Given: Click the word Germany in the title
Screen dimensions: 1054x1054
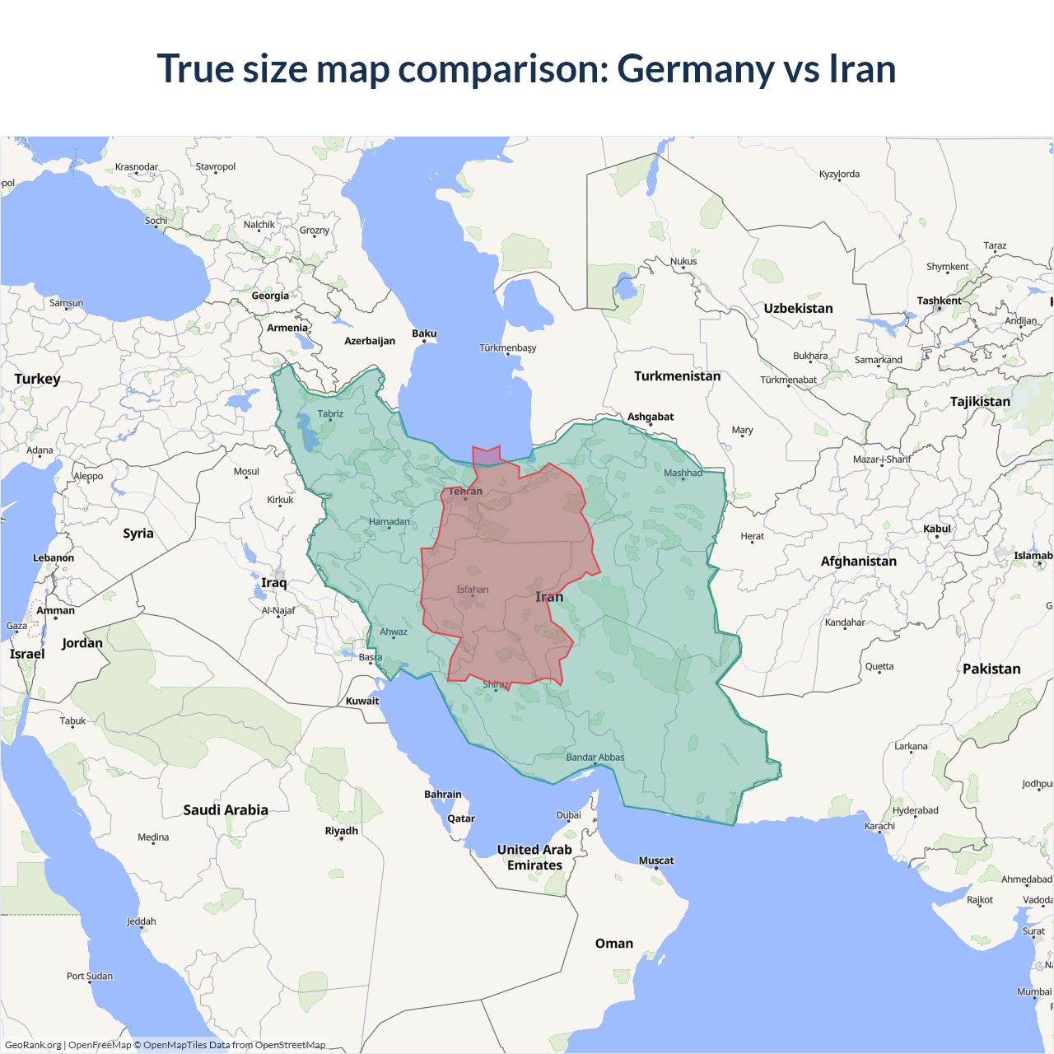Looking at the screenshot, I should pyautogui.click(x=695, y=69).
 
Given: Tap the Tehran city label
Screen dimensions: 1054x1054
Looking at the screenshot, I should pyautogui.click(x=465, y=492).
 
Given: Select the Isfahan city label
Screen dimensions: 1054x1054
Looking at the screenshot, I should pyautogui.click(x=473, y=590).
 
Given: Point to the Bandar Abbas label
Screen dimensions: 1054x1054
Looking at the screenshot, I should pyautogui.click(x=595, y=758).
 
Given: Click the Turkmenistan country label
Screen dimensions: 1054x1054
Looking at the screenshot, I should pyautogui.click(x=677, y=376).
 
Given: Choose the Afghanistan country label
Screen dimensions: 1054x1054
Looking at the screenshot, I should pyautogui.click(x=858, y=562).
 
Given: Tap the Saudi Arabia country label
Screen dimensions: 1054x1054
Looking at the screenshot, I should pyautogui.click(x=226, y=810).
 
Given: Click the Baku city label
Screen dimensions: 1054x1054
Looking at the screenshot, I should pyautogui.click(x=424, y=333).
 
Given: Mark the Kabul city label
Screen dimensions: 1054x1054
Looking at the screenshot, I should pyautogui.click(x=937, y=529).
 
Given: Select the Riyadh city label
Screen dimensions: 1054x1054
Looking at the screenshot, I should pyautogui.click(x=341, y=831).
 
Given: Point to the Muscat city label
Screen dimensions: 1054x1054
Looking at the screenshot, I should pyautogui.click(x=656, y=860).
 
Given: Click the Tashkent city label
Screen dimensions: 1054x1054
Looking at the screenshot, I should pyautogui.click(x=939, y=301).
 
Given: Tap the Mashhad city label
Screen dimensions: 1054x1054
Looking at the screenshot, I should pyautogui.click(x=683, y=473).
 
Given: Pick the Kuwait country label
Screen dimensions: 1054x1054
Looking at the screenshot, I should pyautogui.click(x=362, y=702).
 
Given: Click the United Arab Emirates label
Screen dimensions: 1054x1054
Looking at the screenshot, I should pyautogui.click(x=534, y=857).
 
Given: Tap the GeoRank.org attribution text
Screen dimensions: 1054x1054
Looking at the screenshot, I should pyautogui.click(x=33, y=1045).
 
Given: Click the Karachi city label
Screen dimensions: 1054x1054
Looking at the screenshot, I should pyautogui.click(x=879, y=826).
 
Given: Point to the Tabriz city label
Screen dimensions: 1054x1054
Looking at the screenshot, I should pyautogui.click(x=330, y=414).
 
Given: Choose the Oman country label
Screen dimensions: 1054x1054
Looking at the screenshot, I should pyautogui.click(x=614, y=944).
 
